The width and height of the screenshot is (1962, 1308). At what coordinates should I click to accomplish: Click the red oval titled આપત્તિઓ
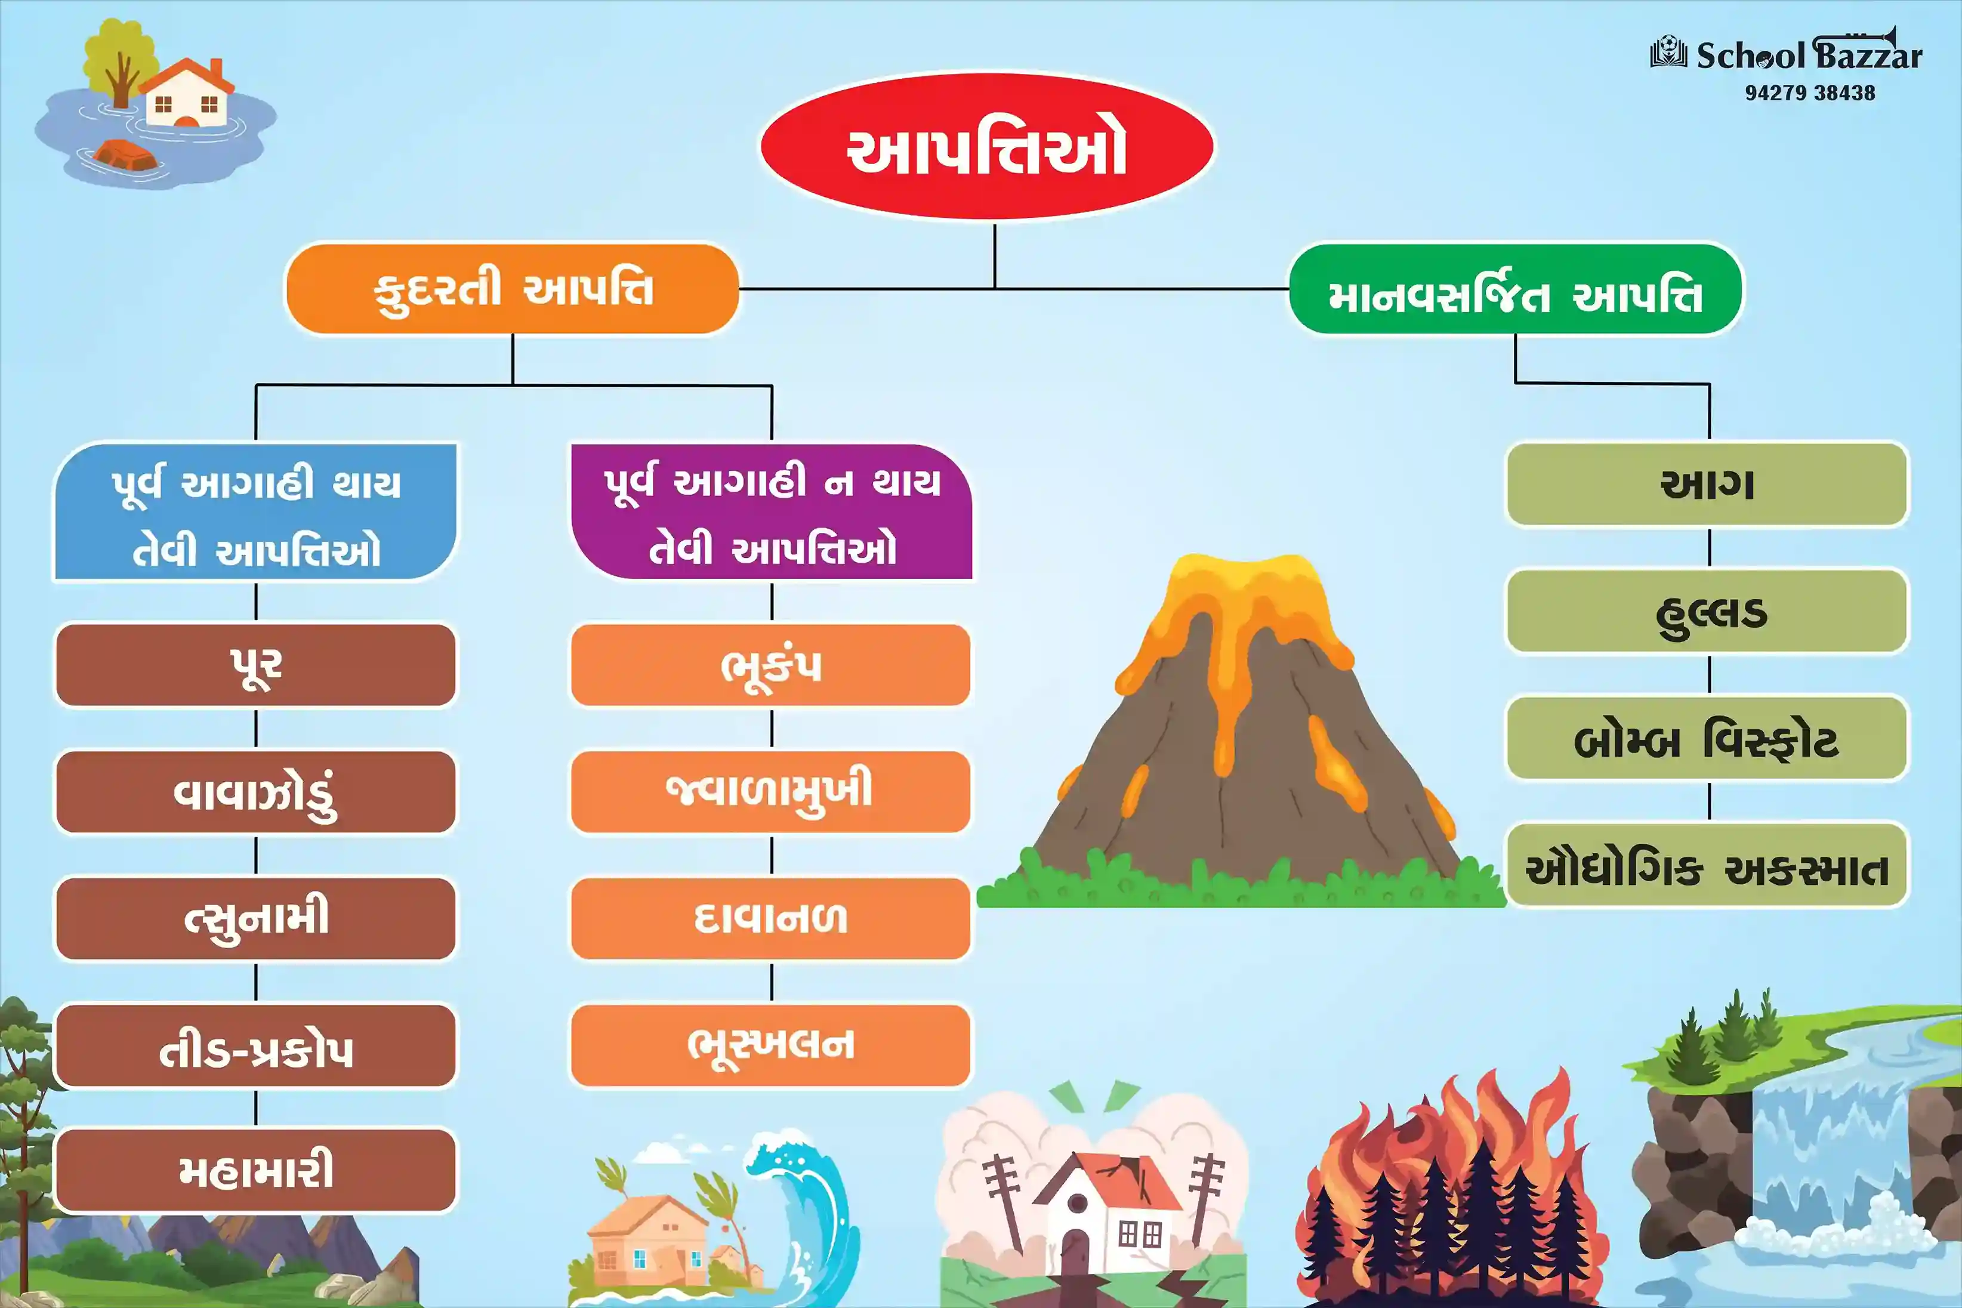click(986, 147)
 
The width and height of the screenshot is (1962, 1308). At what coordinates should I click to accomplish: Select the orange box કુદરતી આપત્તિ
click(512, 289)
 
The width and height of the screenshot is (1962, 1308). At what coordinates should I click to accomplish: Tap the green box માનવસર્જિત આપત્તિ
click(1516, 289)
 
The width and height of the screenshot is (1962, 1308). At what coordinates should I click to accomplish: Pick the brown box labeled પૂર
click(255, 665)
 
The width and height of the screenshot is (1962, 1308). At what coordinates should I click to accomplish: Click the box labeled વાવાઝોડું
click(255, 792)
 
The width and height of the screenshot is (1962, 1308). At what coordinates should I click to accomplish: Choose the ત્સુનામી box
click(255, 918)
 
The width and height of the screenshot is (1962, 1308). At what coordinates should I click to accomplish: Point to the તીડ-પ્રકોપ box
click(255, 1045)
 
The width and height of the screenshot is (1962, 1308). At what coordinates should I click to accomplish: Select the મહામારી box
click(255, 1170)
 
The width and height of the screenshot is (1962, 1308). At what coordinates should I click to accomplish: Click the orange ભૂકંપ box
click(771, 665)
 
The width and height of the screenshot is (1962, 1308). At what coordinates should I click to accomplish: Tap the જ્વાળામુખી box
click(771, 792)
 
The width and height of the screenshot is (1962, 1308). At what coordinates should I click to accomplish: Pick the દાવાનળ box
click(771, 918)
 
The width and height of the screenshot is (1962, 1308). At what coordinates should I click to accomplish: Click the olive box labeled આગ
click(1708, 485)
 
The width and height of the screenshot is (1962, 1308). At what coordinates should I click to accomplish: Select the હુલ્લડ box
click(1708, 612)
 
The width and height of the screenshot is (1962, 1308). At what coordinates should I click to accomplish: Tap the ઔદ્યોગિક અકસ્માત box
click(1708, 865)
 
